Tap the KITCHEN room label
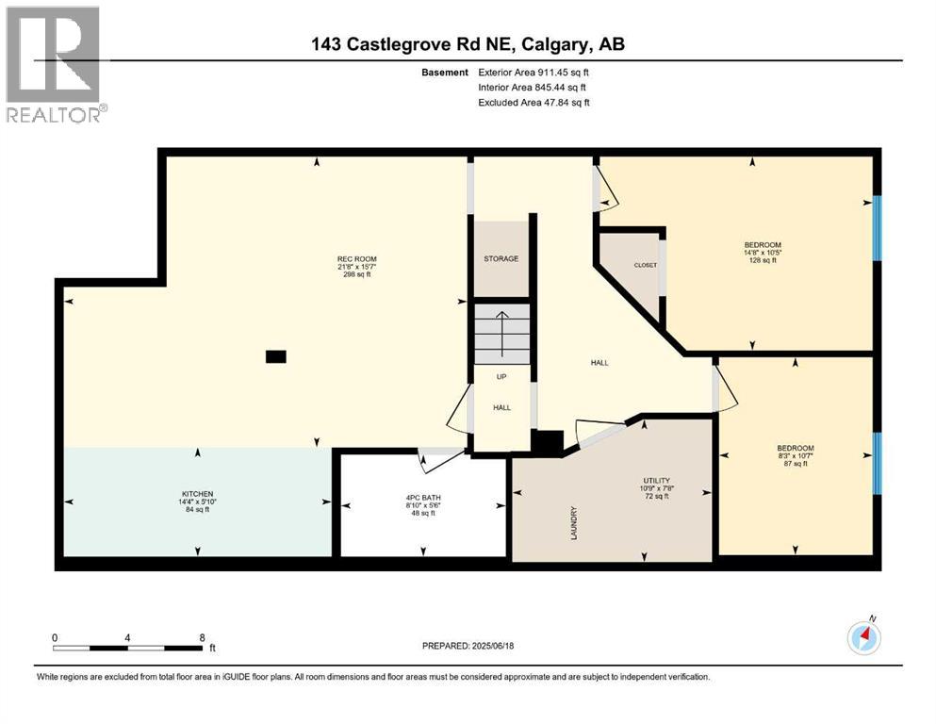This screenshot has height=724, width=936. (198, 494)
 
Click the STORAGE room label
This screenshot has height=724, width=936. (501, 258)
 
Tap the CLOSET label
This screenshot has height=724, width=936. (645, 265)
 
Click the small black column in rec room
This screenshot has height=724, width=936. (275, 356)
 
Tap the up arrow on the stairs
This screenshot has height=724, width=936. (501, 330)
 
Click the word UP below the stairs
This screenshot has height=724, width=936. (501, 376)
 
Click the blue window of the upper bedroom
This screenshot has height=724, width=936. (877, 227)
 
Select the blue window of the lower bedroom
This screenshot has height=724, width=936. (877, 463)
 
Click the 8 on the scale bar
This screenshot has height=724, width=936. (202, 636)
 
